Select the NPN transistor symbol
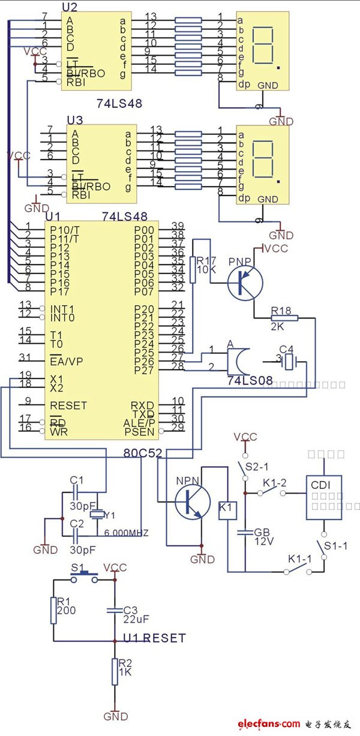click(193, 500)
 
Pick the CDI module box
click(323, 498)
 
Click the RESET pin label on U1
click(68, 405)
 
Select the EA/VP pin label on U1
click(67, 361)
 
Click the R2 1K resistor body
click(115, 672)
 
